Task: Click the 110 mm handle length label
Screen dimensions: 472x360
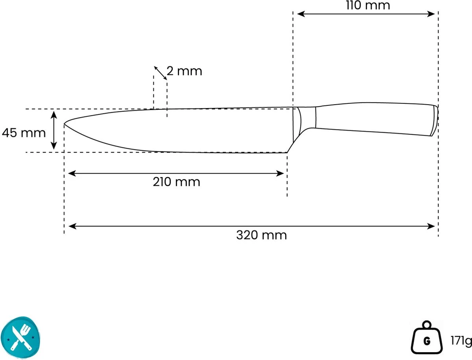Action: click(368, 6)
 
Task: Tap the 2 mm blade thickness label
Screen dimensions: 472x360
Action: click(184, 71)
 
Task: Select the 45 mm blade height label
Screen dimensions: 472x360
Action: click(24, 133)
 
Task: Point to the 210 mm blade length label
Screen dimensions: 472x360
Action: click(176, 182)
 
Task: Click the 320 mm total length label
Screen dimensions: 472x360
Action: click(262, 235)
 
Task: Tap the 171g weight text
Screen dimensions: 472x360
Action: click(461, 341)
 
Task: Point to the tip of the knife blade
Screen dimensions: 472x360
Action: click(64, 124)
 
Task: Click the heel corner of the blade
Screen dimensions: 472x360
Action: click(287, 152)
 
